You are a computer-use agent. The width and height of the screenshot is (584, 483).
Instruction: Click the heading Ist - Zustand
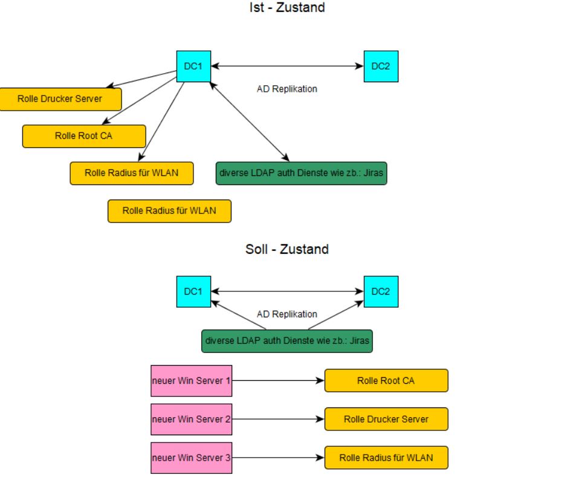point(287,8)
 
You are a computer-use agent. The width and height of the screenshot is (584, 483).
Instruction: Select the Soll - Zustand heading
point(287,249)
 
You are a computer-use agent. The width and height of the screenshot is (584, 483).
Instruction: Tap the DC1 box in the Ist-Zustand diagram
point(193,66)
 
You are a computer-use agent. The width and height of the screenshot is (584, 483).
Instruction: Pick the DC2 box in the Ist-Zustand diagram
point(381,66)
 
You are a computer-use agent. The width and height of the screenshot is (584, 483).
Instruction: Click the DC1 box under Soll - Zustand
point(193,291)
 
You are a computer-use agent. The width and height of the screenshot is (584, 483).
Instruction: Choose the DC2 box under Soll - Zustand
point(381,291)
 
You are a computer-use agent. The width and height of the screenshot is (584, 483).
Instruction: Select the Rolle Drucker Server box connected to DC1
point(60,99)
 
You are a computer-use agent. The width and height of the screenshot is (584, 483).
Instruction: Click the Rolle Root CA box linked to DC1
point(84,136)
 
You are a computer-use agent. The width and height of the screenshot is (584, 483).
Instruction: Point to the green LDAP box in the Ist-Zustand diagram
point(301,173)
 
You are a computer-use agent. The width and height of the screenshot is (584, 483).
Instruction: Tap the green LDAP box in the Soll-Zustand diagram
point(287,341)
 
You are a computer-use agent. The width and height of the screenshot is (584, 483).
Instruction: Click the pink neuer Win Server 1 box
point(191,381)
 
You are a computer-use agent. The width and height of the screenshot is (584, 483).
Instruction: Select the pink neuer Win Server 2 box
point(191,419)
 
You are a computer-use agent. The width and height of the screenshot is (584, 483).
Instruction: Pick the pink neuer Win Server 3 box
point(191,458)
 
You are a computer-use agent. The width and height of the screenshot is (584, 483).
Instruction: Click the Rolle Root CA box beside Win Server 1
point(386,381)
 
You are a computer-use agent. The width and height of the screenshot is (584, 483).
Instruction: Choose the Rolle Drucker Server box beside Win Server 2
point(386,419)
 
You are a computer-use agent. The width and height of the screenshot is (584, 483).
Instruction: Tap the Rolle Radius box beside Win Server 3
point(386,458)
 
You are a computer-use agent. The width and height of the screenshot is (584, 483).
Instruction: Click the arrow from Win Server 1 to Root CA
point(278,381)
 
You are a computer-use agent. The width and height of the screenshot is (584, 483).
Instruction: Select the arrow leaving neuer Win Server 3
point(278,458)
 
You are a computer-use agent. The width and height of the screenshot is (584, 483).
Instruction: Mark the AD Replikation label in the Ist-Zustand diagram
point(287,89)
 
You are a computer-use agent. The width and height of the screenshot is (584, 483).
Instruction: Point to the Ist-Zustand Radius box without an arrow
point(169,211)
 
